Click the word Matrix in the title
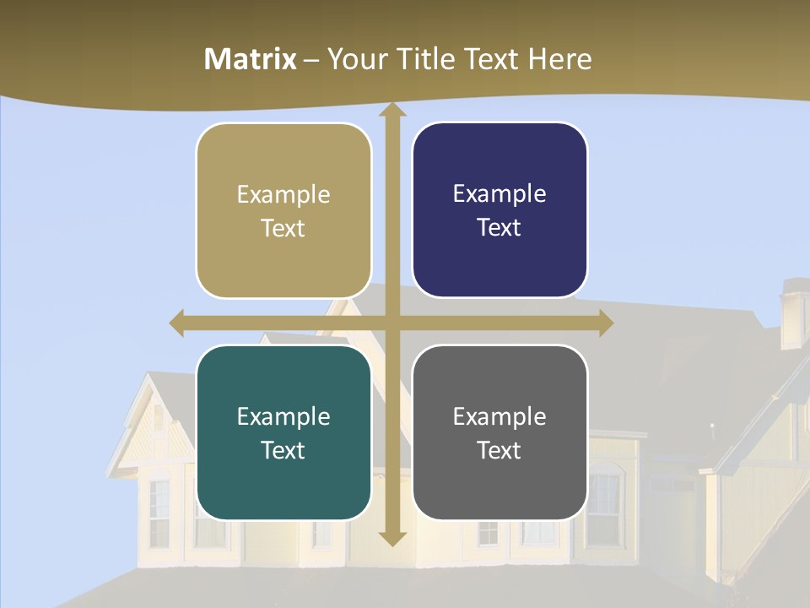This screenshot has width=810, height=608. (x=251, y=59)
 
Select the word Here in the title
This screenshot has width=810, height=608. (x=559, y=59)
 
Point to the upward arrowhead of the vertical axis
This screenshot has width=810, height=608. (x=391, y=111)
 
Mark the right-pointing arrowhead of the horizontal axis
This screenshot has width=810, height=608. (x=605, y=323)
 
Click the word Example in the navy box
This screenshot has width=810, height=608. (x=499, y=194)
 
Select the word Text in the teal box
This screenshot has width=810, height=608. (x=283, y=450)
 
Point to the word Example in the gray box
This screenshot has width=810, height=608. (x=499, y=416)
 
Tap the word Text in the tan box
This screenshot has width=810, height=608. (x=283, y=228)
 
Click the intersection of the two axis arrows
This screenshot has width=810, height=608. (x=391, y=323)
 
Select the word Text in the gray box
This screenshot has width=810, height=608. (x=499, y=450)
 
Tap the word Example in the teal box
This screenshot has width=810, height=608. (x=283, y=416)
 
